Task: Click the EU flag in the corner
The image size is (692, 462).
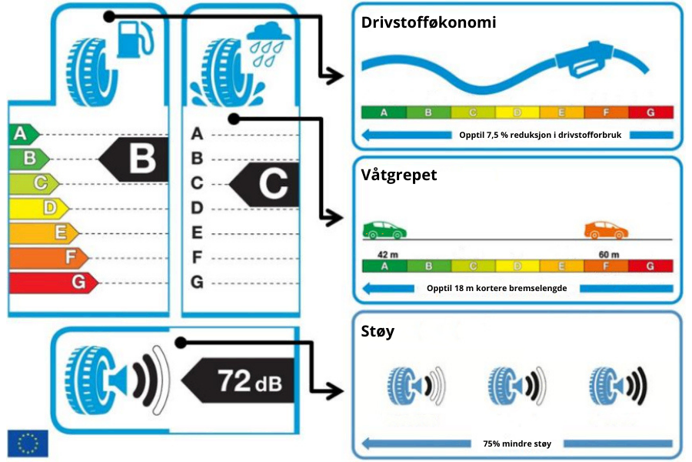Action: pyautogui.click(x=28, y=442)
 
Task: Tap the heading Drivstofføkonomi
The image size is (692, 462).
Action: pyautogui.click(x=428, y=22)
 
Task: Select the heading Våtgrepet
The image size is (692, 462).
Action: pyautogui.click(x=398, y=175)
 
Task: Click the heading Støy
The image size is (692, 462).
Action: pyautogui.click(x=378, y=332)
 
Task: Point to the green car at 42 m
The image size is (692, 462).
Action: pyautogui.click(x=385, y=229)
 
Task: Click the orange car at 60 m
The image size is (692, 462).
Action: pyautogui.click(x=606, y=229)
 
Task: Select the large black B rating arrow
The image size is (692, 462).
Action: pyautogui.click(x=131, y=159)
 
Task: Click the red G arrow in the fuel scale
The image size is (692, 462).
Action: pyautogui.click(x=52, y=283)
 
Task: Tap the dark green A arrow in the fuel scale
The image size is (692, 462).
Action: pyautogui.click(x=23, y=134)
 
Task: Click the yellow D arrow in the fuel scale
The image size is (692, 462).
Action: pyautogui.click(x=38, y=208)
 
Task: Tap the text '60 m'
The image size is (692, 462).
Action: pyautogui.click(x=609, y=255)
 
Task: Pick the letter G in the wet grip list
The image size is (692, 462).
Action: pyautogui.click(x=197, y=282)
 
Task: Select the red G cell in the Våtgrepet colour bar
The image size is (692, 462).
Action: pyautogui.click(x=650, y=266)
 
